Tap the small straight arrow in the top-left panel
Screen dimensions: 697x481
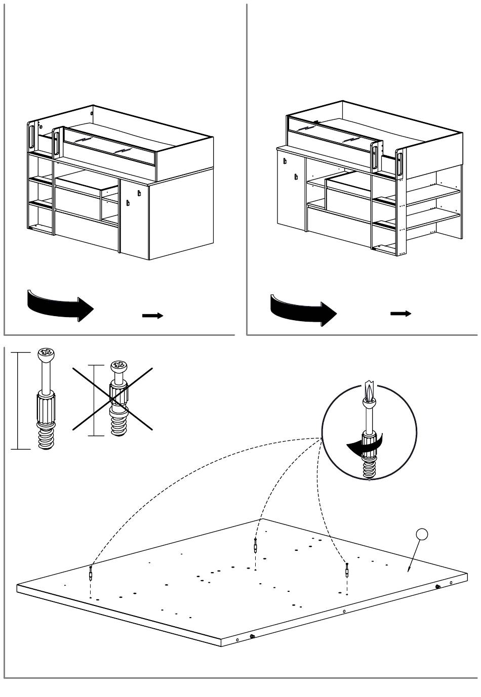pos(152,316)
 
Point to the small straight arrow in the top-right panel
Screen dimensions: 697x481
pos(400,314)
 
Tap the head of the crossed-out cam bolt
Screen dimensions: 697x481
pos(119,365)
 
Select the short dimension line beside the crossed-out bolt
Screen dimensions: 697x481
pos(94,400)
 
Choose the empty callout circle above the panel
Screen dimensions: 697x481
pos(422,535)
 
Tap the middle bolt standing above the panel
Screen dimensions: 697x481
pos(255,545)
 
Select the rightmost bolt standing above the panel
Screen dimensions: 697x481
pos(347,571)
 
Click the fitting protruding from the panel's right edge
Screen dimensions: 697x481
pos(437,586)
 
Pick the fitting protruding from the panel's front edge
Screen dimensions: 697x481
pos(252,636)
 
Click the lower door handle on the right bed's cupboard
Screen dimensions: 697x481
pos(296,177)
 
